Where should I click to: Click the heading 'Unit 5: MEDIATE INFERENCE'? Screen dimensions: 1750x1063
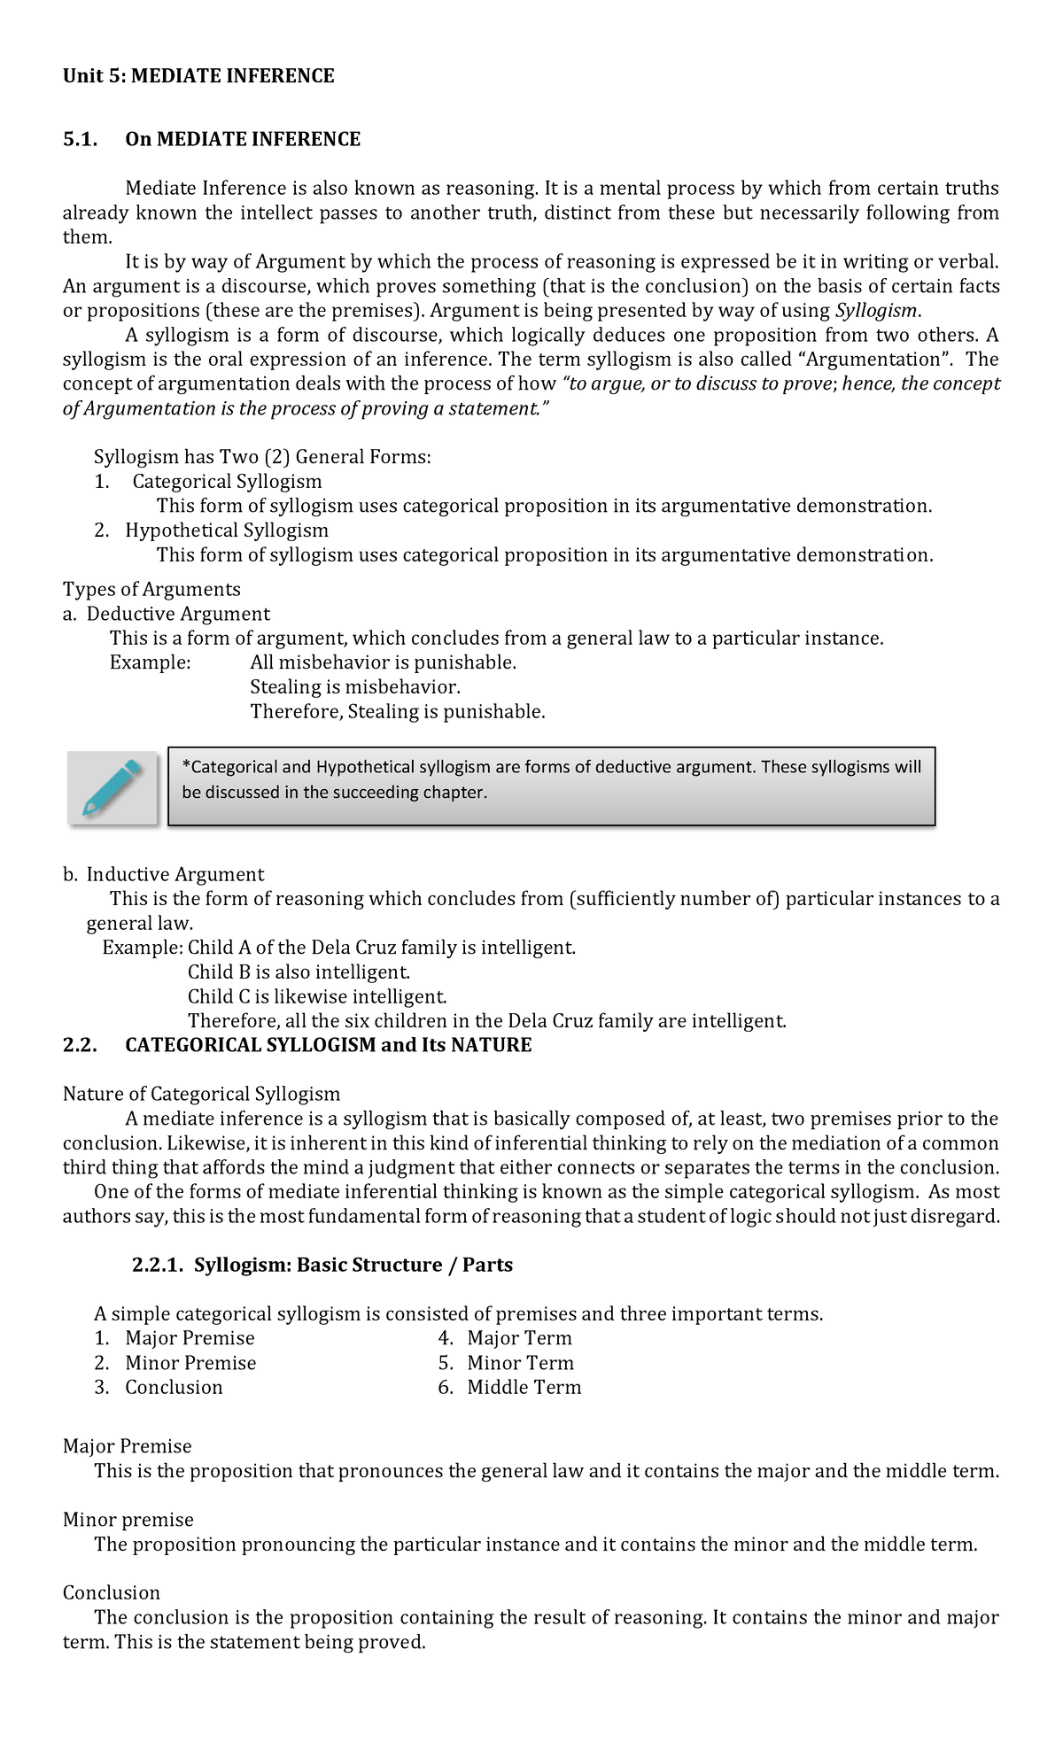coord(198,76)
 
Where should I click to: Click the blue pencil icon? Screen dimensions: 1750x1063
coord(113,787)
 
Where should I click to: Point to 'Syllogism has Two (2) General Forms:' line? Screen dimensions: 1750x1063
coord(262,457)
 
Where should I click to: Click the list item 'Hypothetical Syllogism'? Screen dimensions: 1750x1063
coord(227,530)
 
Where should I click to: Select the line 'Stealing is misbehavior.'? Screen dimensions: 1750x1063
coord(355,687)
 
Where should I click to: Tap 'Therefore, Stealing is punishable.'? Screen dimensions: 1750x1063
coord(398,712)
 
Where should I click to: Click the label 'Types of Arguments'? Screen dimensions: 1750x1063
coord(151,590)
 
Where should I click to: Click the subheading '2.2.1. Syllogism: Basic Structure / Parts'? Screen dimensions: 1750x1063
coord(322,1265)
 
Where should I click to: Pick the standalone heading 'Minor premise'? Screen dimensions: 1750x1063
coord(128,1520)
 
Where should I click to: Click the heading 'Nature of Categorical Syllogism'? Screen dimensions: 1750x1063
coord(201,1094)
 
